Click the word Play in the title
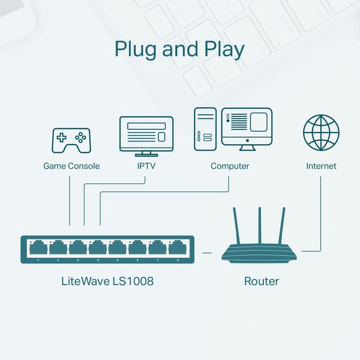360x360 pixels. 223,49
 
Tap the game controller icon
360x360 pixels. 71,140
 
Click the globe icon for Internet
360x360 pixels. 321,133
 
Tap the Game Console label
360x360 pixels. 71,166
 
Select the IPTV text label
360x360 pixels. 146,166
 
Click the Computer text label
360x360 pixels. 230,166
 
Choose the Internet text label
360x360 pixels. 321,166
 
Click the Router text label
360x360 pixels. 261,281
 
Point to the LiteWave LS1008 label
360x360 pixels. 107,281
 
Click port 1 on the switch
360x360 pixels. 38,248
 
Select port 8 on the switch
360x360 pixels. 177,248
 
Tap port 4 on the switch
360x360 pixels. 98,248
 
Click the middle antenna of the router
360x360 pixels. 260,225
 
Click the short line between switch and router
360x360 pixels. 207,253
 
